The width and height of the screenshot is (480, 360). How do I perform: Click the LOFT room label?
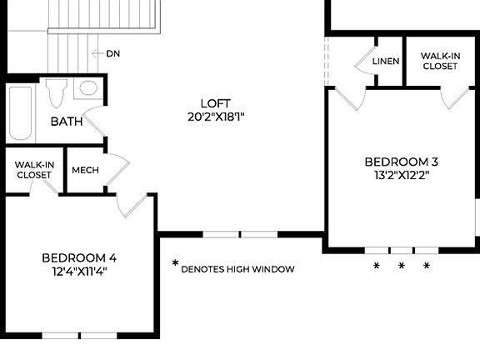click(216, 102)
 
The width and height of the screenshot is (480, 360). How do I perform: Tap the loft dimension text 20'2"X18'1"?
click(216, 117)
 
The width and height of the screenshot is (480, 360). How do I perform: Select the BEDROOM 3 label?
click(402, 162)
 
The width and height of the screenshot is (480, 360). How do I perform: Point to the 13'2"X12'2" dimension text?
click(402, 176)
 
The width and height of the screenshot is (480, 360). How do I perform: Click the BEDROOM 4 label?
click(79, 257)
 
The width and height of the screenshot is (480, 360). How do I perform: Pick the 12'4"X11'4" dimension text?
click(79, 271)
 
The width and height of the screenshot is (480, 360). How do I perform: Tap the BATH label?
click(67, 122)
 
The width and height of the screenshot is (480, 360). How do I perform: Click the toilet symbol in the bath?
click(56, 92)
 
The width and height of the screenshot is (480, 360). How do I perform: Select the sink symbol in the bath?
click(87, 88)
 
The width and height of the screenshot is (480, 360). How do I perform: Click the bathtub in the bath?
click(21, 114)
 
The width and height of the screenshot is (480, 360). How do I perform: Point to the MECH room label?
click(85, 170)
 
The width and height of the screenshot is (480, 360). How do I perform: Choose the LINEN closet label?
click(386, 62)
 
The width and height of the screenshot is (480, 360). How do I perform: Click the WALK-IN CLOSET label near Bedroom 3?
click(439, 61)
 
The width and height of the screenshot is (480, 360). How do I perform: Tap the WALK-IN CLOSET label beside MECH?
click(34, 170)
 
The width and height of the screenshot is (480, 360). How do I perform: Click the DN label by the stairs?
click(113, 53)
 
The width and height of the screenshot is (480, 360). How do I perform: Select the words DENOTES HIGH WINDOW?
click(237, 269)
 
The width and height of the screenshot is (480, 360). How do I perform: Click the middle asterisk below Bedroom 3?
click(401, 267)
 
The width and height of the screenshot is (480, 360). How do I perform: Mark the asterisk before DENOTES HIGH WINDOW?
click(175, 264)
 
